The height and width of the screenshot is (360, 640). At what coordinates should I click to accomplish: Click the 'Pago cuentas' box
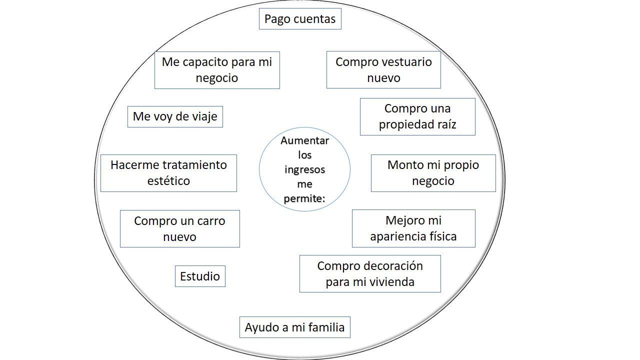(x=300, y=19)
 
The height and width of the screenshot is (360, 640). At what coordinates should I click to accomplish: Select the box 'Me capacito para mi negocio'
(x=217, y=70)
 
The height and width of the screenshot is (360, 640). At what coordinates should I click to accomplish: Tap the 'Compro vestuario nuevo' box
(x=383, y=69)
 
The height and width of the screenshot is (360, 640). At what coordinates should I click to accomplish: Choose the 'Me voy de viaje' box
(x=175, y=117)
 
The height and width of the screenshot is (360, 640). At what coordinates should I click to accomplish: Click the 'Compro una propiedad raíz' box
(x=417, y=117)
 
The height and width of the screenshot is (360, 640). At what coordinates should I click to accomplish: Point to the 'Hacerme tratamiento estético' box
(x=168, y=173)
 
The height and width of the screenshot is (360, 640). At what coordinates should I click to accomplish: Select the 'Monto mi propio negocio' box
(x=433, y=173)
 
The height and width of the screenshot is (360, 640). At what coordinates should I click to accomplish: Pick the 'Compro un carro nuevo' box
(x=180, y=229)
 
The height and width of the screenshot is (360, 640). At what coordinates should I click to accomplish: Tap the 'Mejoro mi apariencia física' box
(x=413, y=228)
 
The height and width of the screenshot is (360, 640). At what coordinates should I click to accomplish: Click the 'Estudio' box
(x=200, y=276)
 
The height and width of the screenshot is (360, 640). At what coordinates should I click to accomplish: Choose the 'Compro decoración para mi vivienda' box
(x=370, y=273)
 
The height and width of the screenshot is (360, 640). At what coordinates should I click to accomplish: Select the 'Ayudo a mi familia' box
(x=295, y=327)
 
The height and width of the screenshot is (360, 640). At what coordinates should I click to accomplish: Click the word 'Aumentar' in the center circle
(x=305, y=140)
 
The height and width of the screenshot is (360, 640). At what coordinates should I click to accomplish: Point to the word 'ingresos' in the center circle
(x=305, y=170)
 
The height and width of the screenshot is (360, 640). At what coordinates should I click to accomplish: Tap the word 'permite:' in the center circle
(x=304, y=199)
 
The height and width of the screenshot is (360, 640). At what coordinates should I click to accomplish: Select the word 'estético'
(x=168, y=181)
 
